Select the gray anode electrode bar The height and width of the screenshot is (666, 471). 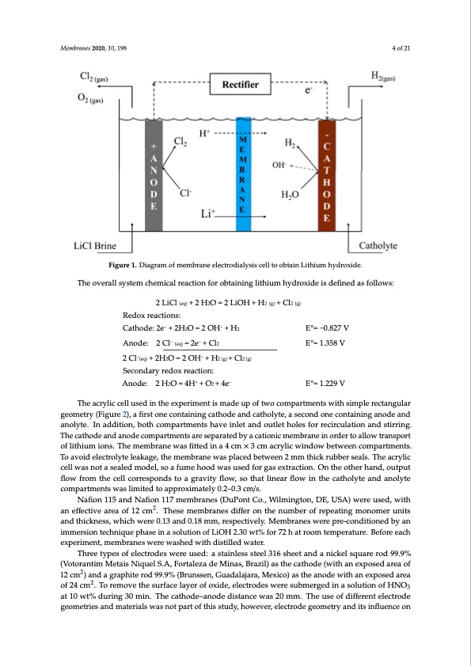tap(154, 174)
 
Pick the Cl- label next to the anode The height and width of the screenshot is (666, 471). tap(185, 191)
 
